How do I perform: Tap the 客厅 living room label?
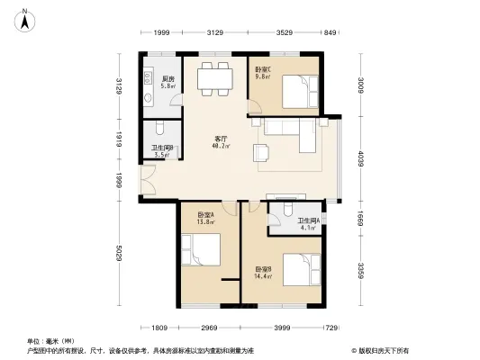[220, 139]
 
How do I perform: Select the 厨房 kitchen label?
[168, 79]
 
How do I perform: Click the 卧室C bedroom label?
[264, 69]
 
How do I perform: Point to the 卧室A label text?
[206, 215]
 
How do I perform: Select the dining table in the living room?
[216, 77]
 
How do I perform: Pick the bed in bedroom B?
[299, 269]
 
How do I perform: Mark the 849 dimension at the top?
[330, 33]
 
